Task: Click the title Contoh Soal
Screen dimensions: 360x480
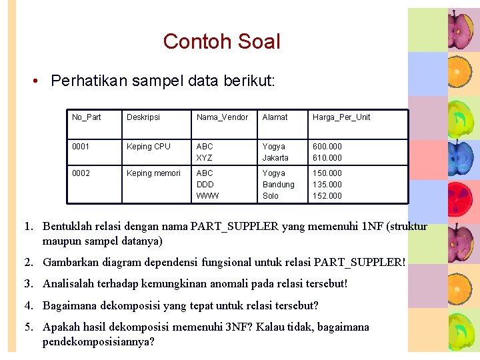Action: tap(221, 41)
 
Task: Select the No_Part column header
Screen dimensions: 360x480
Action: tap(87, 117)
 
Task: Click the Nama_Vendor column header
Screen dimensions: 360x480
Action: tap(222, 117)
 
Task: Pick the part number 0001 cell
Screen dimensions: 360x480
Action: tap(80, 147)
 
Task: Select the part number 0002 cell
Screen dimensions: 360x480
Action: tap(80, 173)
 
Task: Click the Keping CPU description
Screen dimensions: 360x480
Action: tap(149, 147)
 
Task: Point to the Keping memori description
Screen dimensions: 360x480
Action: tap(153, 173)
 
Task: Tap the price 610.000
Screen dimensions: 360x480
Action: tap(327, 158)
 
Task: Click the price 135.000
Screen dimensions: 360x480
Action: tap(327, 185)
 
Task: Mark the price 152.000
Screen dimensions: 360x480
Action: tap(327, 196)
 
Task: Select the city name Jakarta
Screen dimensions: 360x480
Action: tap(275, 158)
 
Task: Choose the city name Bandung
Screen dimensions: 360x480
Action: tap(278, 185)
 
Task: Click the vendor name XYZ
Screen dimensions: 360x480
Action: tap(204, 158)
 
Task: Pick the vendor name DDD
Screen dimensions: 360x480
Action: tap(205, 185)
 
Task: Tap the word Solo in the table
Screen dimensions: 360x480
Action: tap(270, 196)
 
